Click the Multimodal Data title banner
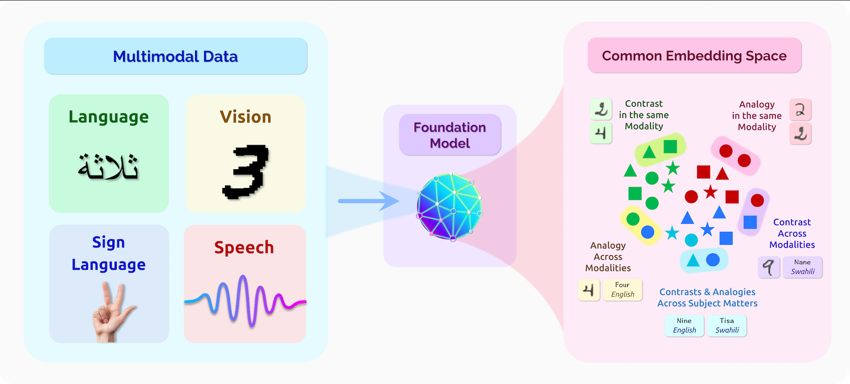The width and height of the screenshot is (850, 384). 175,56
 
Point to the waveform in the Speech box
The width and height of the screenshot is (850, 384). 245,299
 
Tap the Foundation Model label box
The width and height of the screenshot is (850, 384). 450,135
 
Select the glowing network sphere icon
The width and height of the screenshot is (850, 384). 450,207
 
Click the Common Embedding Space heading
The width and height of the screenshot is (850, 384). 694,56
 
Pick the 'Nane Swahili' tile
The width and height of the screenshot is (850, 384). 802,267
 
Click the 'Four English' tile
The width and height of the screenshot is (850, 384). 622,290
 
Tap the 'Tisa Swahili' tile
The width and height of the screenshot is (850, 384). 727,325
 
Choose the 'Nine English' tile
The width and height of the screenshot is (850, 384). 684,325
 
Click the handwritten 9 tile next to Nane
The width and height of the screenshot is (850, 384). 769,267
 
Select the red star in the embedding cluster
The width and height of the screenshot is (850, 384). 710,192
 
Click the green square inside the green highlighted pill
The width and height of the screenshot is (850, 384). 670,146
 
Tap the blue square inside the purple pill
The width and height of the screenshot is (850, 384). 750,222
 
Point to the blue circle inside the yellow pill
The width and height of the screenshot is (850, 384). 647,232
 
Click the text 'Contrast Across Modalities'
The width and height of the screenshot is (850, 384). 792,233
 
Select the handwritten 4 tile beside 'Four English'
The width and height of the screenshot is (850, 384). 589,290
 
